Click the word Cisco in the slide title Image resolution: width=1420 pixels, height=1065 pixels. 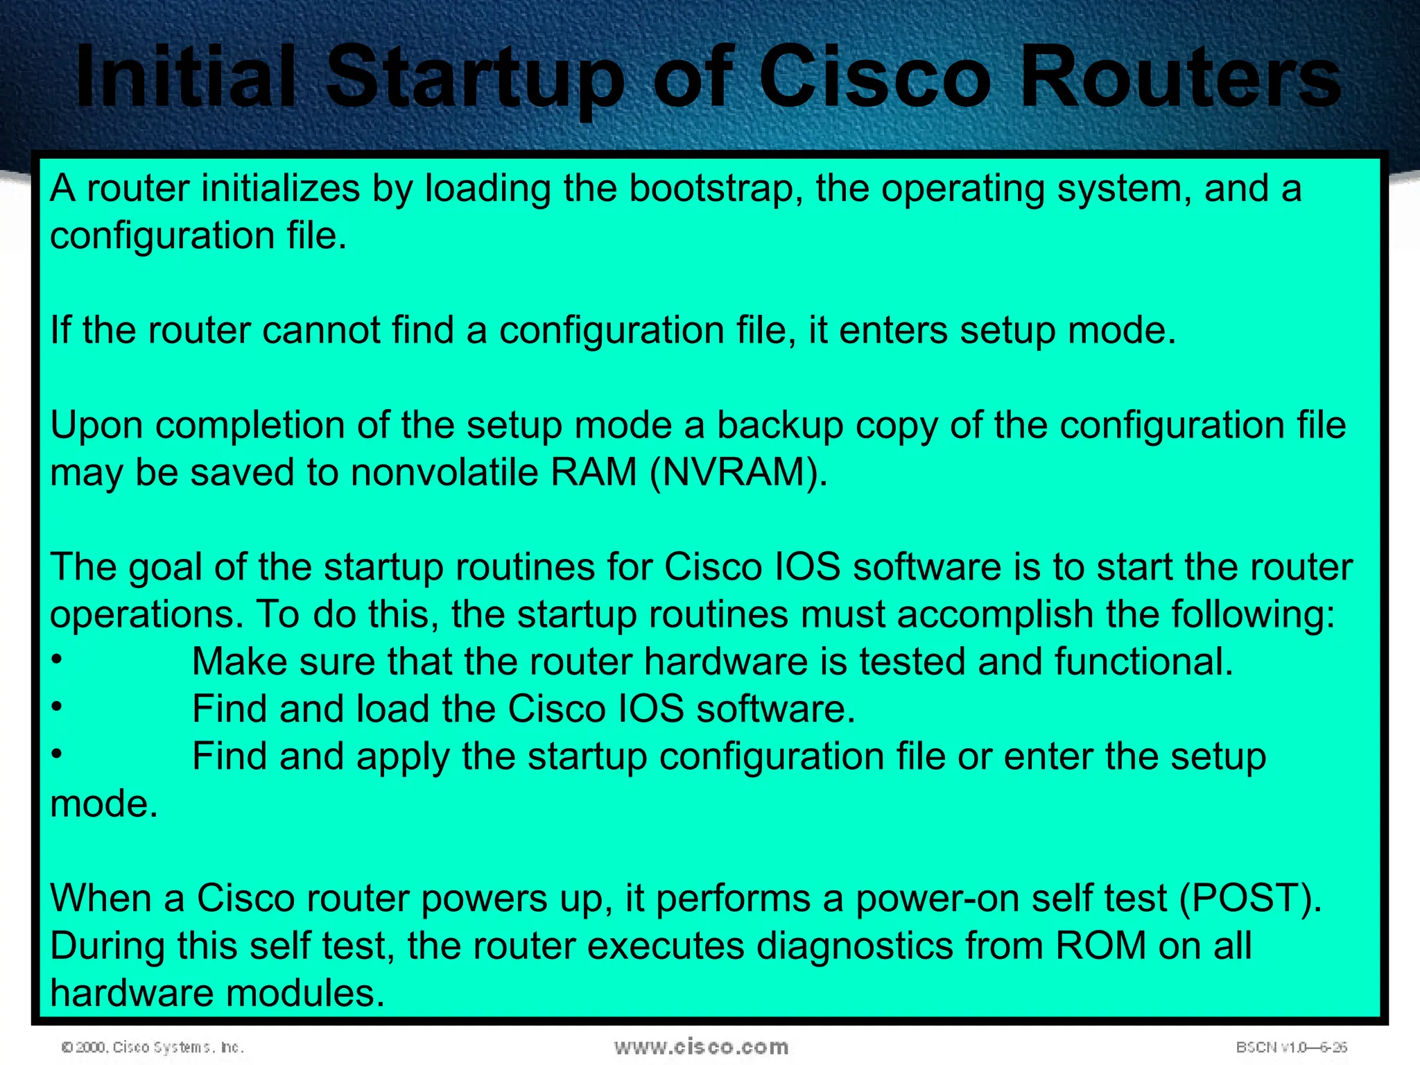tap(875, 78)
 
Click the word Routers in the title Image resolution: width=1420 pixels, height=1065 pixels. tap(1180, 78)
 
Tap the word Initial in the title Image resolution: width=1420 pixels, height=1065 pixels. tap(187, 78)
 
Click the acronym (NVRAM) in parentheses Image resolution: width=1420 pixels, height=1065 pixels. tap(738, 473)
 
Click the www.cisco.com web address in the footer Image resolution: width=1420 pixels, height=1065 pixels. tap(701, 1047)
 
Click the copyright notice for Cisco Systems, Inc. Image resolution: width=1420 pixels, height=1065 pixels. tap(153, 1047)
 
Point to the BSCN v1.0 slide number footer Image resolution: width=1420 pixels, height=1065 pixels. tap(1291, 1047)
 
